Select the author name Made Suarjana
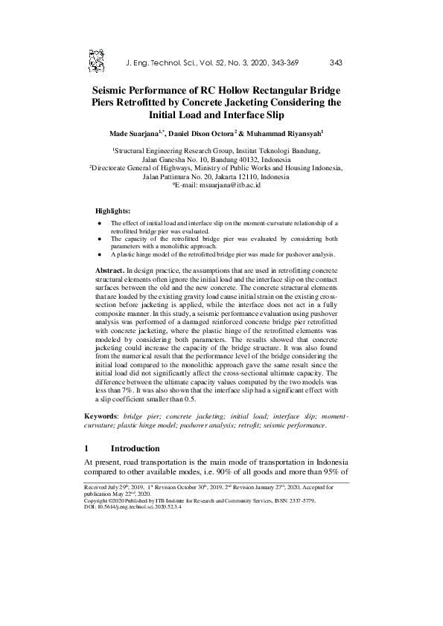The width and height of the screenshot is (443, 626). pyautogui.click(x=136, y=134)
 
